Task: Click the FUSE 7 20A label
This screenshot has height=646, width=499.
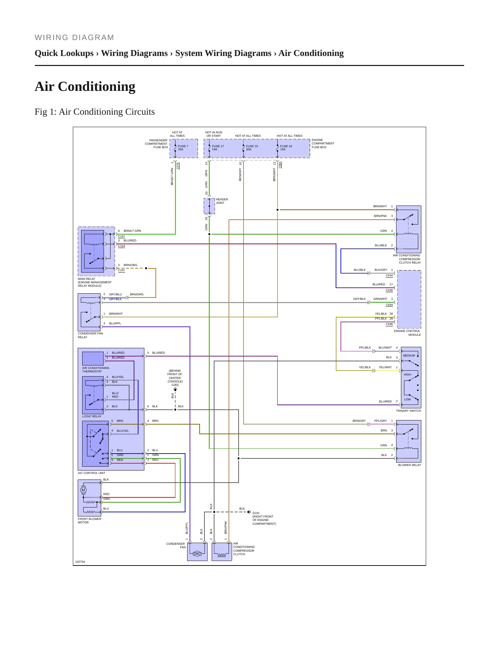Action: coord(183,148)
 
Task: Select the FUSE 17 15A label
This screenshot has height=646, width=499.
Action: coord(218,148)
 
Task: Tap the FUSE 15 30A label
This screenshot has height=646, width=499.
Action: coord(252,148)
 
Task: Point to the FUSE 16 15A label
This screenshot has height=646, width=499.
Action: coord(286,148)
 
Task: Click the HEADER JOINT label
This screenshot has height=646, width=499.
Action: coord(222,201)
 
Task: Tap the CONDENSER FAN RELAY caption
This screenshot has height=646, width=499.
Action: coord(90,335)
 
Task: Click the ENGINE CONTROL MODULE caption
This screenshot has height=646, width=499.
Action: coord(407,333)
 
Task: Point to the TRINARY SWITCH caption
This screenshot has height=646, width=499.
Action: coord(409,411)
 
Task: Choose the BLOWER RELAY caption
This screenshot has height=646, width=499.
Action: coord(410,465)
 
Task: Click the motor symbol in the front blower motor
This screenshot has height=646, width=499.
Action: coord(83,490)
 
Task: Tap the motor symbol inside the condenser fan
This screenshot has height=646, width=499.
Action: coord(197,554)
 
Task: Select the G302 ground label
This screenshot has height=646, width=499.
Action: coord(175,385)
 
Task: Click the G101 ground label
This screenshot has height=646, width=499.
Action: coord(256,513)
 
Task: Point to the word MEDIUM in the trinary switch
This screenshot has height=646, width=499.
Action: coord(409,355)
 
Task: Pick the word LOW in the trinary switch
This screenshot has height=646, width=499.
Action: coord(407,399)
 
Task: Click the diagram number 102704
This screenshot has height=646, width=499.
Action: coord(80,562)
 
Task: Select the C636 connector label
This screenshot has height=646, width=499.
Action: coord(389,324)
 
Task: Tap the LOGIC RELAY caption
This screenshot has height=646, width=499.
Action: coord(92,416)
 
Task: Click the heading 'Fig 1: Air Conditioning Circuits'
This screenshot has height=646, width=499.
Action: coord(95,112)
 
